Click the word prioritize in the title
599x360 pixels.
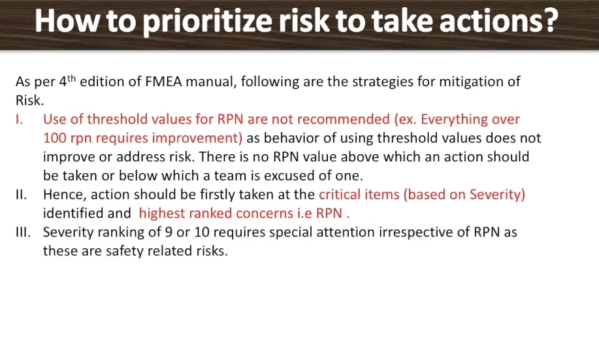coord(208,22)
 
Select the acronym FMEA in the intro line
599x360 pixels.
coord(163,82)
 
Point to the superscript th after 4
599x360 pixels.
coord(71,78)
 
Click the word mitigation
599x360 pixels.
coord(470,82)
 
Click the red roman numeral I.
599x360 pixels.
coord(19,119)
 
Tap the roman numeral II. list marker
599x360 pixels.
coord(22,195)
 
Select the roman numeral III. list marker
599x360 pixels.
coord(24,232)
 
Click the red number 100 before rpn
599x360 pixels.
coord(55,138)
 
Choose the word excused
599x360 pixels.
coord(289,176)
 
